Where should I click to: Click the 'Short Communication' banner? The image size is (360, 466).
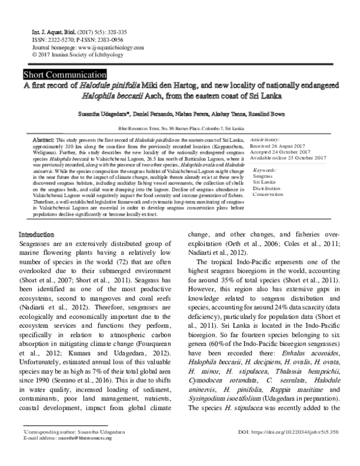click(64, 75)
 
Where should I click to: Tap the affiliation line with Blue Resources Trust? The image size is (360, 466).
click(181, 128)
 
